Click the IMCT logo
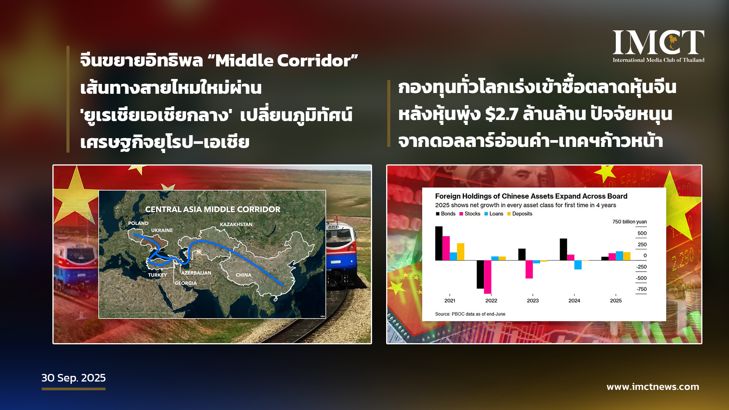click(x=658, y=46)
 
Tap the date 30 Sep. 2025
click(x=74, y=378)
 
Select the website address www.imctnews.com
click(x=653, y=387)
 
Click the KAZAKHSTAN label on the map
click(x=236, y=224)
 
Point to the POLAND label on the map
click(x=138, y=223)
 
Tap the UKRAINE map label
click(x=162, y=230)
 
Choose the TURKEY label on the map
click(x=158, y=275)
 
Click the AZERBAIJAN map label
click(x=196, y=273)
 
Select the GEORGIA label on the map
click(x=186, y=283)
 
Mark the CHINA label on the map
click(x=243, y=275)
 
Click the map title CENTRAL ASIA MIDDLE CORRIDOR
click(x=213, y=210)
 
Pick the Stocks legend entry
click(x=470, y=214)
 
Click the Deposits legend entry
click(x=520, y=214)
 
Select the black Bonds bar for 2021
click(x=439, y=243)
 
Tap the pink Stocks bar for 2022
click(x=488, y=277)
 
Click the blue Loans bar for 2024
click(x=578, y=265)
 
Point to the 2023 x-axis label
click(x=533, y=301)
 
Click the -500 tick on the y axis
click(x=641, y=278)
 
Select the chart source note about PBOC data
click(x=470, y=314)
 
